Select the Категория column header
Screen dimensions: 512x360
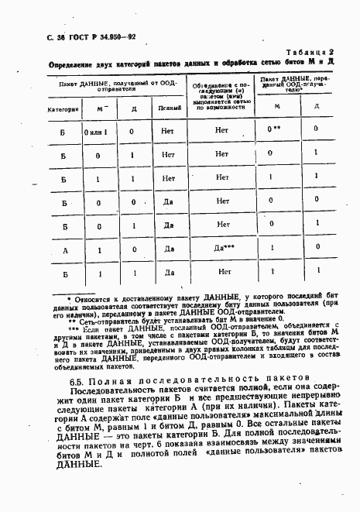(x=64, y=109)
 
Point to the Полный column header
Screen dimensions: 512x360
(x=166, y=109)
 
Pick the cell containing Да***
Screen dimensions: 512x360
(x=224, y=249)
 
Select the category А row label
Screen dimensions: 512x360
(x=64, y=249)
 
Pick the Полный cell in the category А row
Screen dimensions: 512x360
(x=167, y=249)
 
